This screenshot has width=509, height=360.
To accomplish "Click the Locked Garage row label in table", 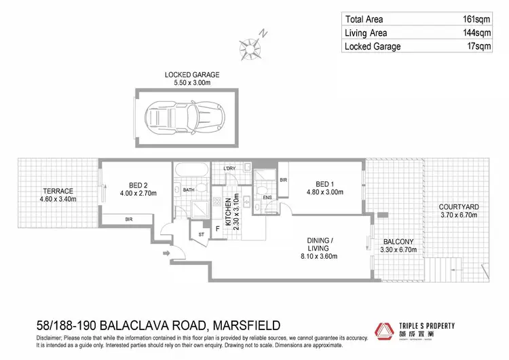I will tap(373, 46).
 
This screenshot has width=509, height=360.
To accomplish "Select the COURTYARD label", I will tap(458, 207).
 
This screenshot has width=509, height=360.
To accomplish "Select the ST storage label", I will tap(201, 234).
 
